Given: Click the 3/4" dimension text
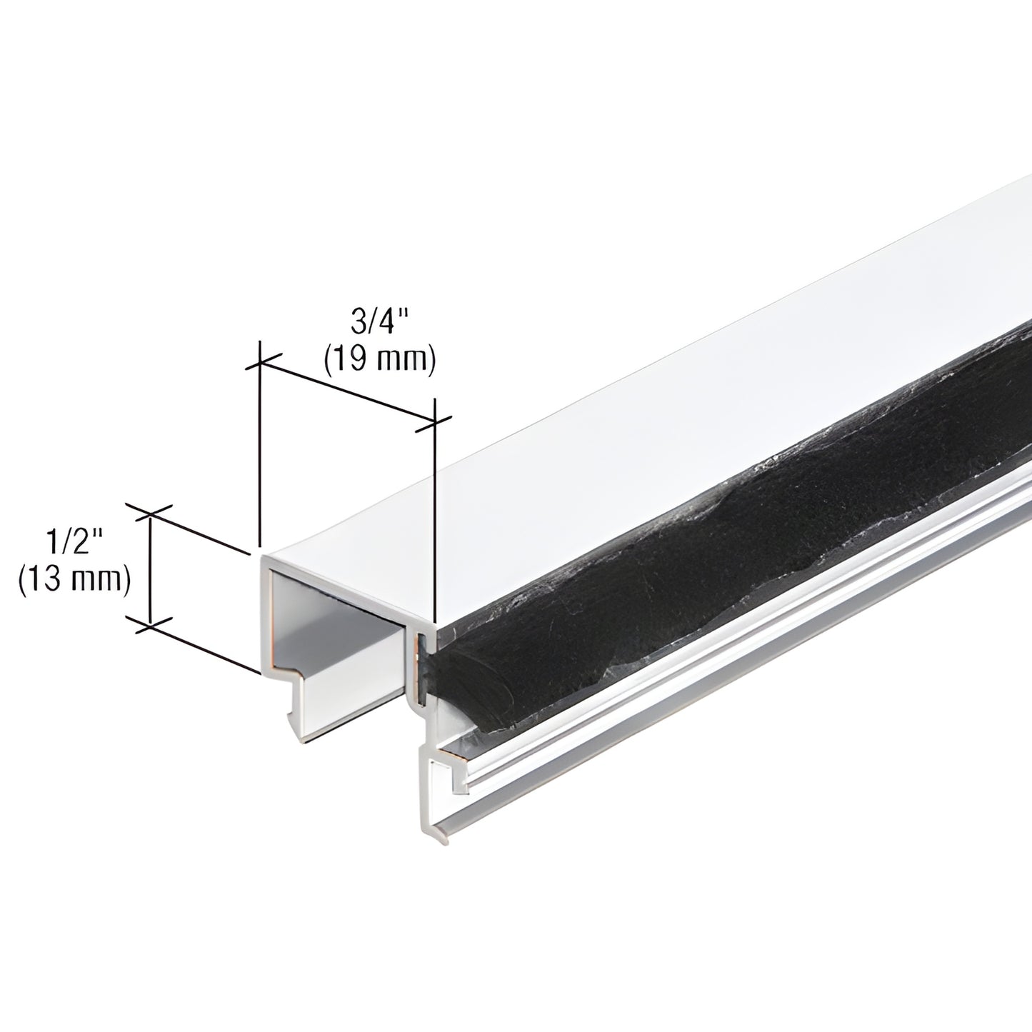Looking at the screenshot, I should (x=378, y=321).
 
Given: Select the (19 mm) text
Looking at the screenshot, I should (x=379, y=361).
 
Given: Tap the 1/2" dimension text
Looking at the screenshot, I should (x=74, y=544).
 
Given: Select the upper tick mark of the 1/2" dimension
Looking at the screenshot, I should (x=151, y=511).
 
